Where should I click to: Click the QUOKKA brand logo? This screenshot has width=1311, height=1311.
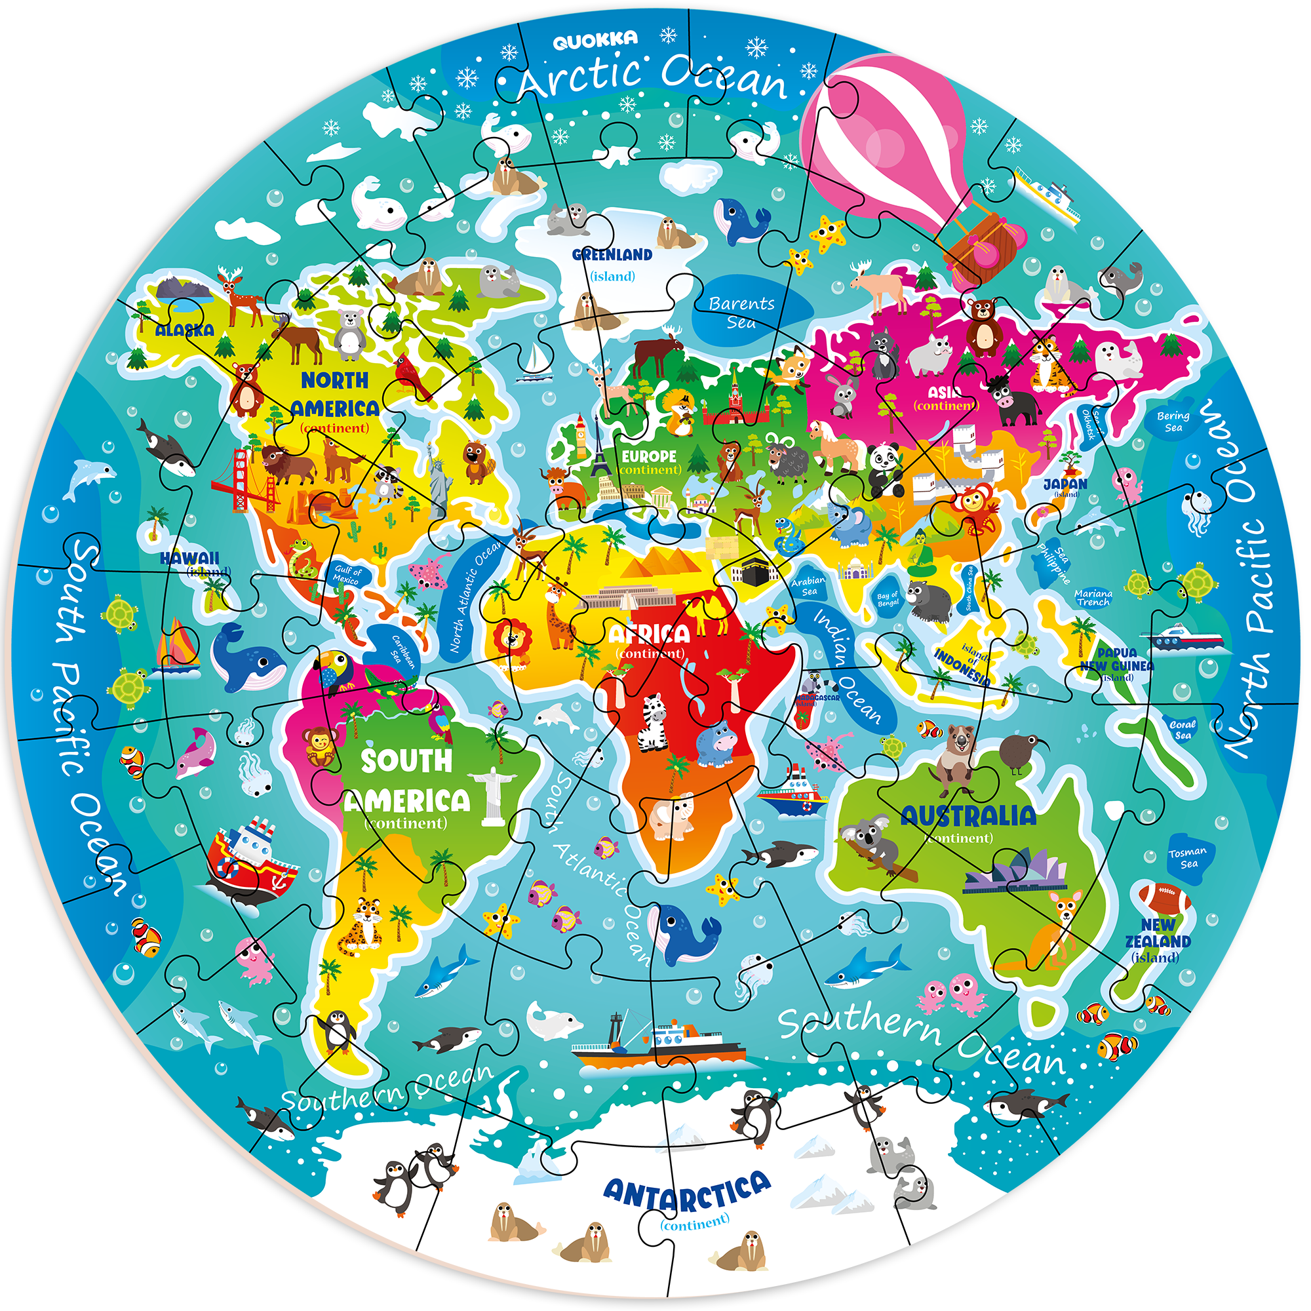(x=595, y=41)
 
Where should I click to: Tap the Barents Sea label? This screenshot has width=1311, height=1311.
(x=741, y=312)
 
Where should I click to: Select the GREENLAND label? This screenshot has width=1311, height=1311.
(x=612, y=255)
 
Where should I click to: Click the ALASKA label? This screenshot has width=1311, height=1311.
(x=185, y=330)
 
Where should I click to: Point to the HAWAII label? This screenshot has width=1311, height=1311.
(x=190, y=558)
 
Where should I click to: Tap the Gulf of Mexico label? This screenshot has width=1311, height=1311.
(x=347, y=575)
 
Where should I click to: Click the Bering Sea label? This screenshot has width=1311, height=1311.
(x=1173, y=421)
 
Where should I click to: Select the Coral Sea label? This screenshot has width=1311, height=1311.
(x=1183, y=730)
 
